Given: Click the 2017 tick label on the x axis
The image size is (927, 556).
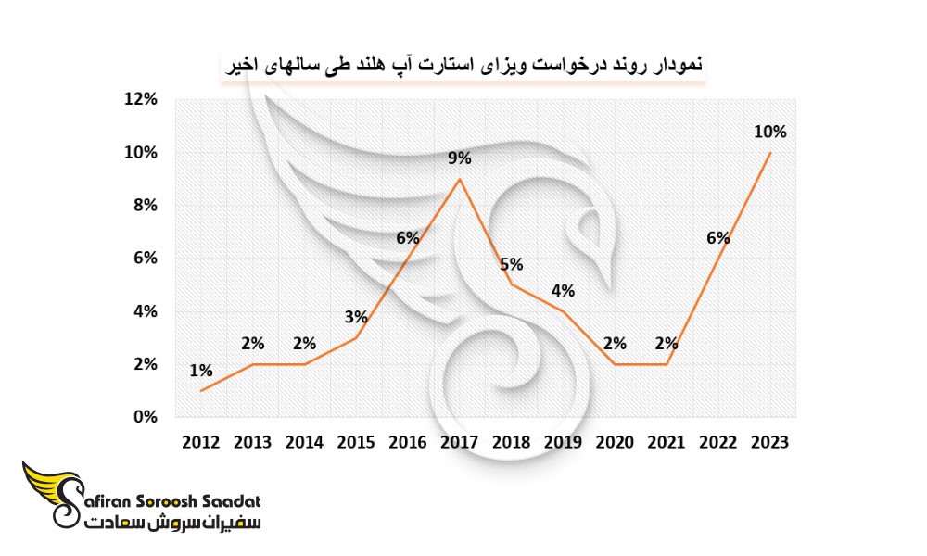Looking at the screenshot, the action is click(460, 442).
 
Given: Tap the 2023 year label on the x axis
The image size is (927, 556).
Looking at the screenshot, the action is click(769, 442).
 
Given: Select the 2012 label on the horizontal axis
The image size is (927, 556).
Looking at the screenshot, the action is click(200, 442).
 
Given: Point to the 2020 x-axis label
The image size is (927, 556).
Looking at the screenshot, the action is click(615, 442).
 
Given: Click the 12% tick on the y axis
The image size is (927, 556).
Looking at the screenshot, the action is click(141, 98).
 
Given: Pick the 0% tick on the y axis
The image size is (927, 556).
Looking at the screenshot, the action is click(146, 417).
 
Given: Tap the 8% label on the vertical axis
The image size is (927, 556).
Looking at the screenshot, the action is click(146, 205).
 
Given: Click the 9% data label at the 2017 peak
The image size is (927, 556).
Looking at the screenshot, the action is click(460, 158).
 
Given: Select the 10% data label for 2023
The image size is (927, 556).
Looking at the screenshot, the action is click(769, 132).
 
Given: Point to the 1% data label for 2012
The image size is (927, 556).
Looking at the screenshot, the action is click(201, 371).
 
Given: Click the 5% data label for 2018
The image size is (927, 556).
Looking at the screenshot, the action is click(512, 264).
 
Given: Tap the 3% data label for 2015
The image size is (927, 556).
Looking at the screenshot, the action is click(357, 317).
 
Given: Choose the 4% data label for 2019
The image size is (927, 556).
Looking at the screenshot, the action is click(563, 291).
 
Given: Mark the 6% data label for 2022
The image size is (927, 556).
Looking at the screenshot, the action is click(718, 238).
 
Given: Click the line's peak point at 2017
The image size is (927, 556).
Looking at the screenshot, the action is click(460, 179).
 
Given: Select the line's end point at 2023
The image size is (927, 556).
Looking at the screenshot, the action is click(769, 153).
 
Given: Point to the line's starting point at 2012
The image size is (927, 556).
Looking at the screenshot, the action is click(201, 390).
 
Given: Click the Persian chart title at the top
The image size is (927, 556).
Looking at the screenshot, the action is click(463, 65).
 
